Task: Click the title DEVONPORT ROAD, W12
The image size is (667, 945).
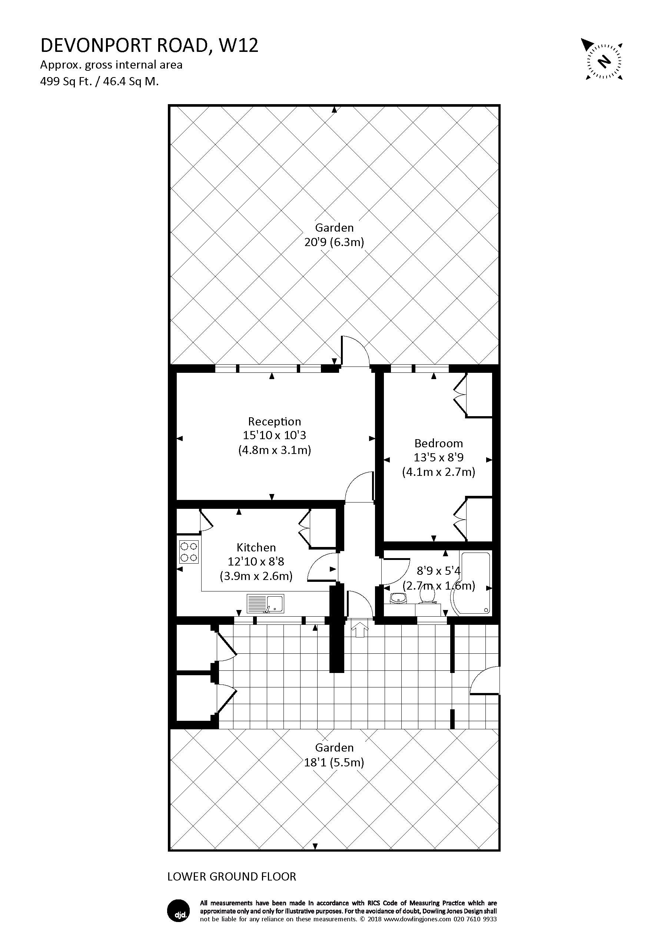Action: click(149, 46)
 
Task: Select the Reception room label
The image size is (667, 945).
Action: click(275, 421)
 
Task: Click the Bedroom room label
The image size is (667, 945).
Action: click(439, 443)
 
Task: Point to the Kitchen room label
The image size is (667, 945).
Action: click(256, 547)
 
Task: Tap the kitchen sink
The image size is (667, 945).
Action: click(265, 604)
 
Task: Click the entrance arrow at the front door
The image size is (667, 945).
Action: click(360, 629)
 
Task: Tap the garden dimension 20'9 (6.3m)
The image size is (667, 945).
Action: click(334, 242)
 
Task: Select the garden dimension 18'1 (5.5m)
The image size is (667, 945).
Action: click(334, 762)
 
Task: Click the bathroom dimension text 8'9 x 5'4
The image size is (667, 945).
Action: click(439, 571)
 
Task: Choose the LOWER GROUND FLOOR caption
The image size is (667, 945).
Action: click(232, 877)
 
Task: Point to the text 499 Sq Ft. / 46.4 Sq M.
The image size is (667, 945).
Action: click(100, 82)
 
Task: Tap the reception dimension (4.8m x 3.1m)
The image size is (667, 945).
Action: click(275, 450)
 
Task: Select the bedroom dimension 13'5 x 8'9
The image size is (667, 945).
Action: click(439, 457)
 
